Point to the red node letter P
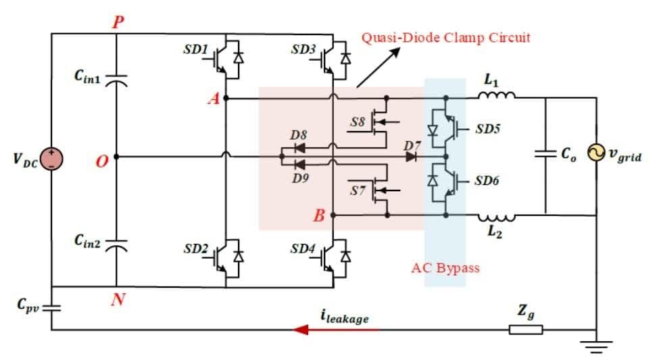pyautogui.click(x=118, y=22)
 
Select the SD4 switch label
pyautogui.click(x=302, y=249)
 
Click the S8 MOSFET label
pyautogui.click(x=358, y=122)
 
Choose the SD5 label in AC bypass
pyautogui.click(x=487, y=128)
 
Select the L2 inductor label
pyautogui.click(x=492, y=232)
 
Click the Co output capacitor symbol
pyautogui.click(x=545, y=155)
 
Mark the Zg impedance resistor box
pyautogui.click(x=526, y=330)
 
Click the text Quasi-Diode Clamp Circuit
pyautogui.click(x=445, y=38)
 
